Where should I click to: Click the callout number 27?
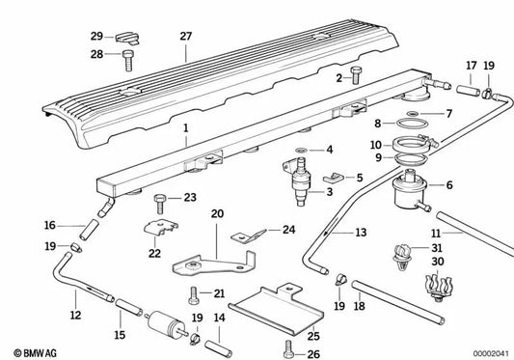tap(185, 36)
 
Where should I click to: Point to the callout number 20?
tap(217, 212)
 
